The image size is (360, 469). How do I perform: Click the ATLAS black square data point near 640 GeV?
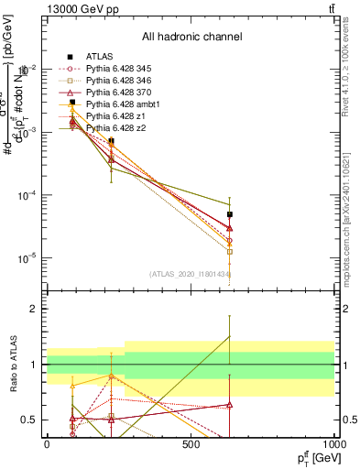click(230, 214)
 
